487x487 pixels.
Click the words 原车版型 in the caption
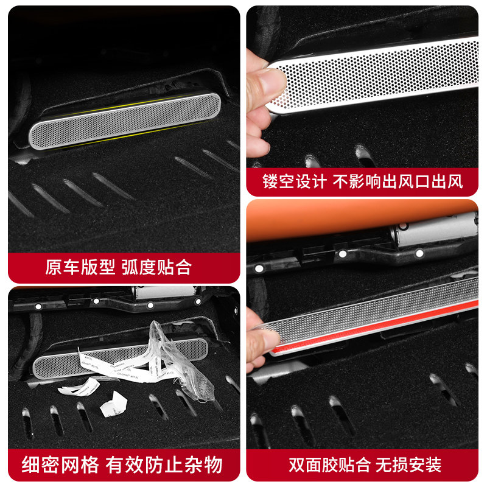[79, 267]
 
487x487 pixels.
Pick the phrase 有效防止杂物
[164, 466]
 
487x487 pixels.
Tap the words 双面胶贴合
[329, 466]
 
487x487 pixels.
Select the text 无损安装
[416, 466]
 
